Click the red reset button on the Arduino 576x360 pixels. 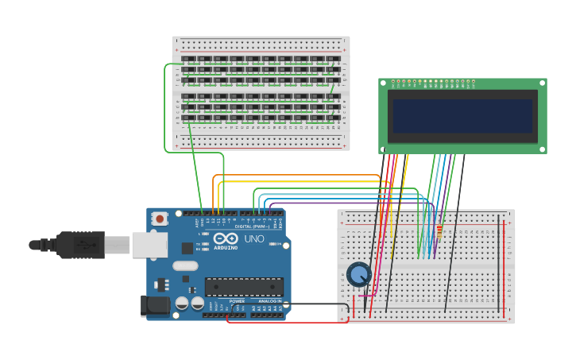tap(160, 218)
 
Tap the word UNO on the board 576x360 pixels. tap(253, 238)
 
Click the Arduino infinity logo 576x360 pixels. tap(225, 238)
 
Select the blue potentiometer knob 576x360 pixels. tap(359, 275)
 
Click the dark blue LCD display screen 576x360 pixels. tap(462, 116)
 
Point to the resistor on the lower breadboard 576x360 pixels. tap(439, 231)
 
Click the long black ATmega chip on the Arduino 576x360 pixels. tap(244, 286)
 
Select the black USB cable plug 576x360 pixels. tap(79, 245)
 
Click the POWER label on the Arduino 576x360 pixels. tap(237, 301)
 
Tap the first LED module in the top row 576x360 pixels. tap(188, 59)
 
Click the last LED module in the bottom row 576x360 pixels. tap(333, 118)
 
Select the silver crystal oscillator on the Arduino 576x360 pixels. tap(184, 266)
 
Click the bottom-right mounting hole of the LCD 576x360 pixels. tap(543, 149)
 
